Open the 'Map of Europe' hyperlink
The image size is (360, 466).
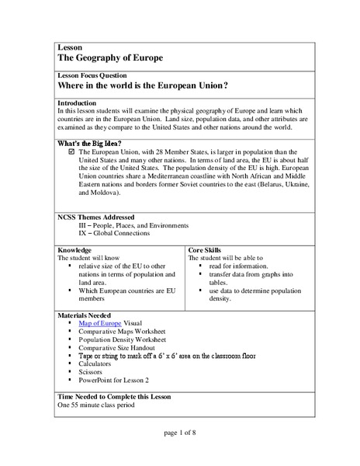106,325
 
